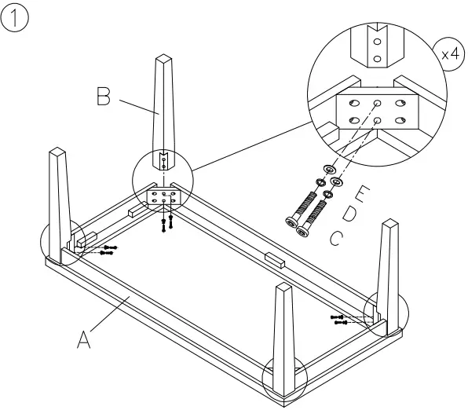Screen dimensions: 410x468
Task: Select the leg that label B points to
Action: pyautogui.click(x=163, y=102)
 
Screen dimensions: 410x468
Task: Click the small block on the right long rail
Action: pyautogui.click(x=275, y=259)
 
